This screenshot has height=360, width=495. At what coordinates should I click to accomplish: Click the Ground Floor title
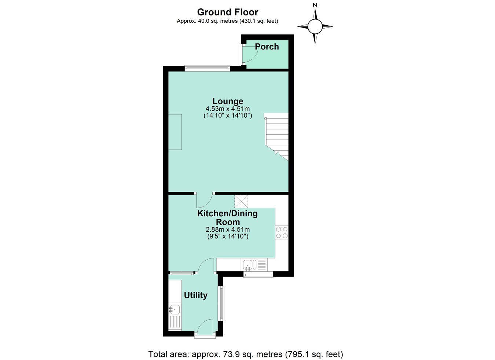(x=227, y=12)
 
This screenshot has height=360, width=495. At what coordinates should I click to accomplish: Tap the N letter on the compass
(x=315, y=5)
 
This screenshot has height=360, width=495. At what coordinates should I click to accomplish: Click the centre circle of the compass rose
(x=315, y=26)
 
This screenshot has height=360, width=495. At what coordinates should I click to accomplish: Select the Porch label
(x=267, y=47)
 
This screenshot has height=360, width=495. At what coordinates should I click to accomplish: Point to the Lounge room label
(x=228, y=101)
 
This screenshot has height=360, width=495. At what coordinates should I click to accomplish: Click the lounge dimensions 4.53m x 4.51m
(x=228, y=109)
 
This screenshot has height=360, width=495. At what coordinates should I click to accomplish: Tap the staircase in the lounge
(x=277, y=136)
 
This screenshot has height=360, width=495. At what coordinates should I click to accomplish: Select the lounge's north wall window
(x=207, y=68)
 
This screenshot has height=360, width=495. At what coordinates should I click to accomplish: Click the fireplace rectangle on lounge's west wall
(x=175, y=132)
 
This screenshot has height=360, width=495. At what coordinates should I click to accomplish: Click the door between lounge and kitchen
(x=204, y=200)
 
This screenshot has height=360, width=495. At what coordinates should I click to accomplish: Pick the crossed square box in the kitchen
(x=241, y=201)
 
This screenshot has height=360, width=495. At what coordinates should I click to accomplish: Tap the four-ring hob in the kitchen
(x=282, y=232)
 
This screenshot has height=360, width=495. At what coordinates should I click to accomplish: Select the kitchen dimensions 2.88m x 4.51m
(x=228, y=230)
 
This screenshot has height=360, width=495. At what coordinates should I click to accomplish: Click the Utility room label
(x=195, y=295)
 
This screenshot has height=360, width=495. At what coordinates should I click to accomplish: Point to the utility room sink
(x=175, y=310)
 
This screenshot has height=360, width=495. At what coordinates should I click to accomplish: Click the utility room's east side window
(x=221, y=303)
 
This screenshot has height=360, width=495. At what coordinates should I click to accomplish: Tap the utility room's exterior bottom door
(x=205, y=327)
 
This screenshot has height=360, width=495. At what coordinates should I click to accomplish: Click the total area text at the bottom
(x=245, y=354)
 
